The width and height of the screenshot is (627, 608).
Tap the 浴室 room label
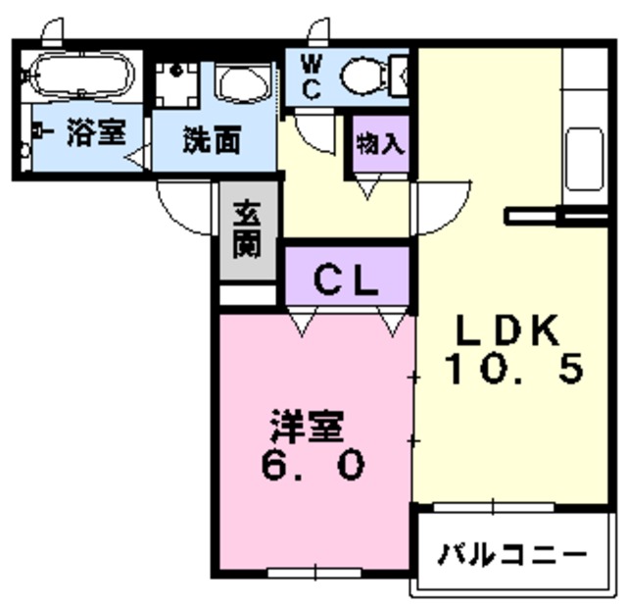click(95, 133)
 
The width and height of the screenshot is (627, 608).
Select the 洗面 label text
click(211, 139)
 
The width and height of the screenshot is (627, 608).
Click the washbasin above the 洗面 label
click(243, 82)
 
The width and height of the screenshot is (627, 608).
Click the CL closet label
click(346, 279)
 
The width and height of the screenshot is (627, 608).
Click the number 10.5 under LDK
click(514, 370)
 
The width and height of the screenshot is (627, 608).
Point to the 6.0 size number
click(313, 464)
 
